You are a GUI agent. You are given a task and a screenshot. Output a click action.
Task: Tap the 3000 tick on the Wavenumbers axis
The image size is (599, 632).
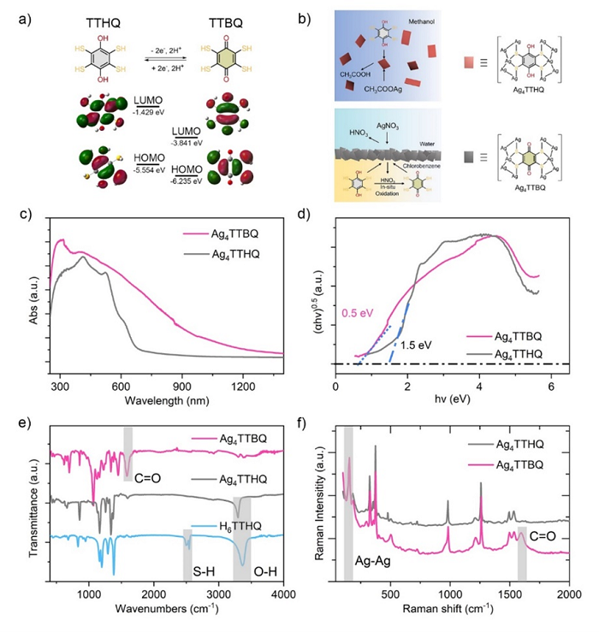(x=218, y=596)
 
